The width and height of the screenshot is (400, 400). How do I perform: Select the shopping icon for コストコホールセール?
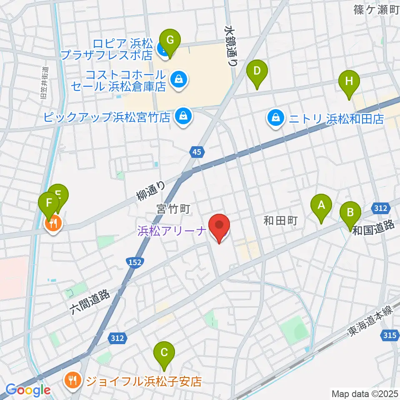pos(179,78)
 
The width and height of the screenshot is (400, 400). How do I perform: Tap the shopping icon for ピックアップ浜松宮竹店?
pos(183,116)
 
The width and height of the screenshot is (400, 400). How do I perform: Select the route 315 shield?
pos(388,334)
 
